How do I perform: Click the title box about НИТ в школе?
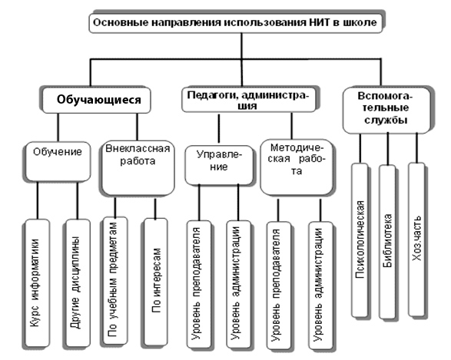point(236,22)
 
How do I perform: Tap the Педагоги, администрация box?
point(248,100)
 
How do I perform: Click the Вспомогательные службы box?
point(386,110)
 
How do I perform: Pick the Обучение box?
point(57,161)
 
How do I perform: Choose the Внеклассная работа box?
point(138,168)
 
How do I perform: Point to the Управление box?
point(219,165)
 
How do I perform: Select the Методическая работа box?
point(297,168)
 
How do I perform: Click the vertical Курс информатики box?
point(36,283)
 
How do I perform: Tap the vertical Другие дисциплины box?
point(77,283)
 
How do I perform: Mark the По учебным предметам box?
point(114,281)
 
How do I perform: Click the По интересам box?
point(155,282)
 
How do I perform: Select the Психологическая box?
point(360,240)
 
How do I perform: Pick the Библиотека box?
point(387,242)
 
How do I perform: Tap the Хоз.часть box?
point(416,239)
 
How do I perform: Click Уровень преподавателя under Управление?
point(198,285)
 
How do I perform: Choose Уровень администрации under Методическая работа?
point(320,286)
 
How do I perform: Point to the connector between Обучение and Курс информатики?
point(37,200)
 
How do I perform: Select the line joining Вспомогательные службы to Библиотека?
point(387,149)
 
